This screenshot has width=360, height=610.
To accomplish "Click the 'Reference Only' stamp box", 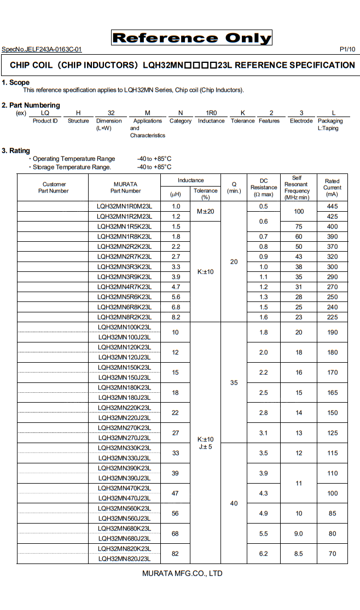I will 191,38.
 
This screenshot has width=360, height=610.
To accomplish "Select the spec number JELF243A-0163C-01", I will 42,49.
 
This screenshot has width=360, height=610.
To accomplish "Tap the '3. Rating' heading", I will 16,150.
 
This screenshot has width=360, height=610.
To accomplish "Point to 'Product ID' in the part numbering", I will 45,121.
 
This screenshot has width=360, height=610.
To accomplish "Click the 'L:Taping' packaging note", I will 328,129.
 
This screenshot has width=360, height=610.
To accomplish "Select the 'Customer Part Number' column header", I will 54,188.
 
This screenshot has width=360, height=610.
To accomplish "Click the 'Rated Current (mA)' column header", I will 332,188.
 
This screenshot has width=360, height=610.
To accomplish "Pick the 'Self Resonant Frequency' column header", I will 297,188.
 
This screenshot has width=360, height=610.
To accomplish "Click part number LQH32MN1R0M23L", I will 124,206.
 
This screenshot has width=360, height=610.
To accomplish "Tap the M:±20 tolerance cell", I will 205,211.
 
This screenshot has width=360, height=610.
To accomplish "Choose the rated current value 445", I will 332,206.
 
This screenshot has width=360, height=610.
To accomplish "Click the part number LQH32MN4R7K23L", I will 124,287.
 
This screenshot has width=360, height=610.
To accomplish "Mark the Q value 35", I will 234,383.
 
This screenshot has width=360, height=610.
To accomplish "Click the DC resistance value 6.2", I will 263,554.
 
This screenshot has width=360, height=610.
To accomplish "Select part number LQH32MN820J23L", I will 124,559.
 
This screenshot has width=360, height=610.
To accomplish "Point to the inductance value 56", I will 175,514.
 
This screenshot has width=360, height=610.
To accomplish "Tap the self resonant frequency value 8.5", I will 298,554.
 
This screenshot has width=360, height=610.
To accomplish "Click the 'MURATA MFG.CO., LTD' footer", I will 182,573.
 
